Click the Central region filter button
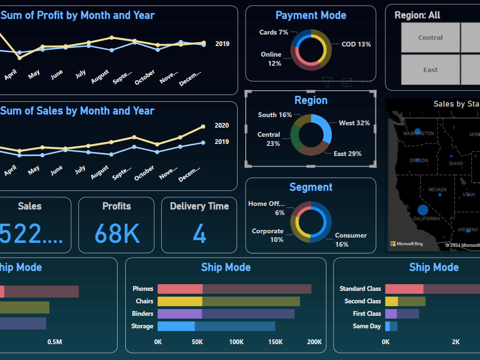pyautogui.click(x=430, y=37)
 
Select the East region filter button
pyautogui.click(x=430, y=70)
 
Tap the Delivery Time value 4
pyautogui.click(x=199, y=234)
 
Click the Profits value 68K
pyautogui.click(x=117, y=234)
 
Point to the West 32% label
pyautogui.click(x=354, y=123)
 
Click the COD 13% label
pyautogui.click(x=356, y=44)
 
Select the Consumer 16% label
pyautogui.click(x=350, y=240)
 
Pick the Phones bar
pyautogui.click(x=234, y=289)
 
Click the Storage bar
pyautogui.click(x=216, y=326)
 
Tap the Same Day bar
pyautogui.click(x=391, y=326)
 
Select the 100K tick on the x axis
pyautogui.click(x=236, y=342)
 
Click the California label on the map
pyautogui.click(x=426, y=219)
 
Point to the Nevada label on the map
pyautogui.click(x=437, y=190)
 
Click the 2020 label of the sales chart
pyautogui.click(x=222, y=126)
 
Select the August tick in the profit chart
pyautogui.click(x=100, y=77)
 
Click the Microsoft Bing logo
pyautogui.click(x=406, y=244)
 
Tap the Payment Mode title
pyautogui.click(x=311, y=15)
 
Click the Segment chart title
pyautogui.click(x=311, y=187)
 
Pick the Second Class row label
pyautogui.click(x=362, y=301)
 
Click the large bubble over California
pyautogui.click(x=422, y=209)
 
